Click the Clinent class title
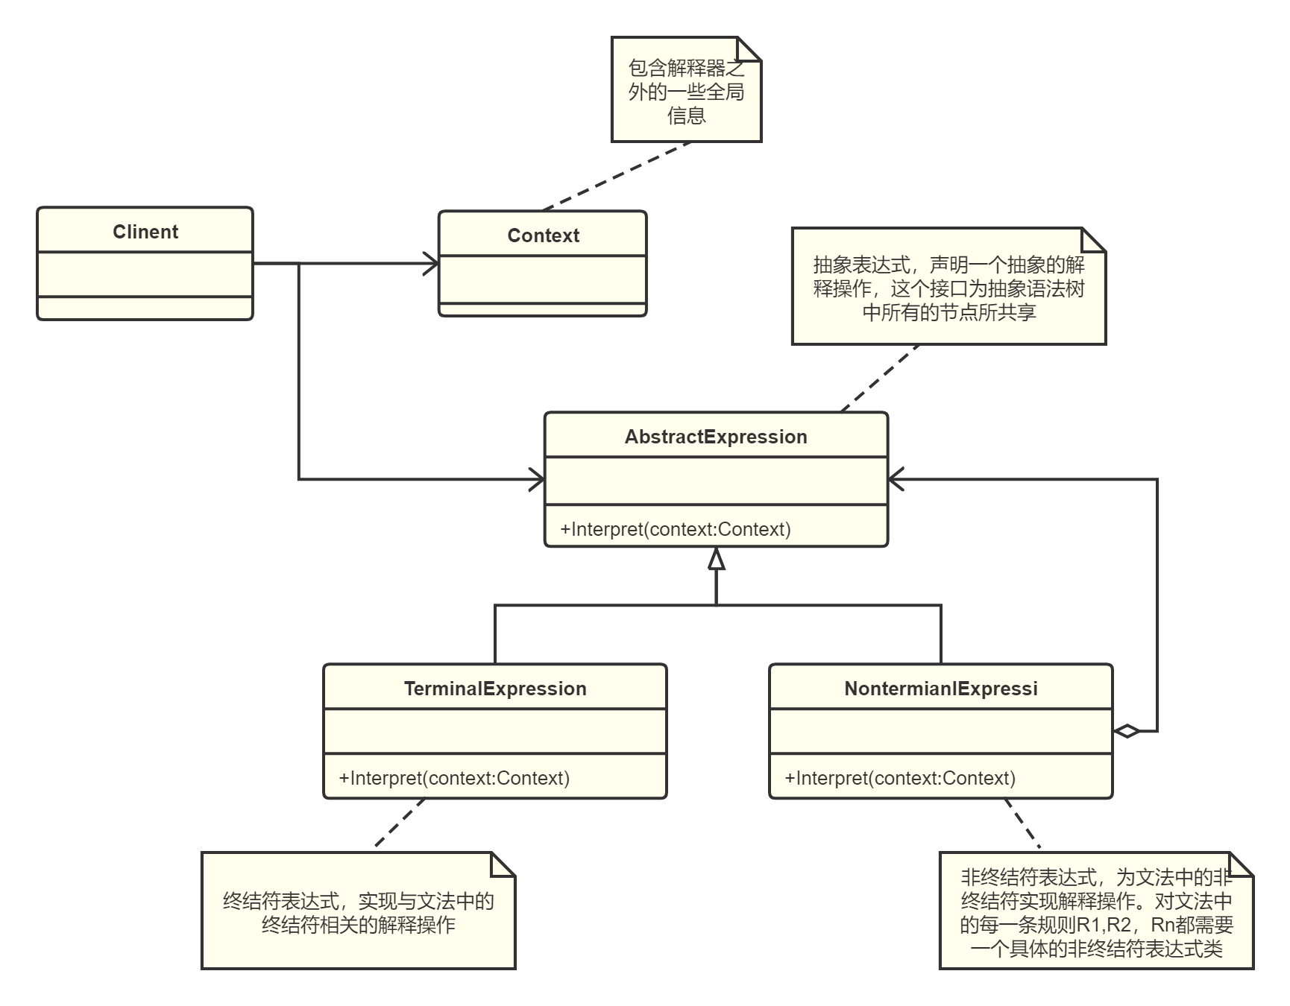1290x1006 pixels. pyautogui.click(x=145, y=232)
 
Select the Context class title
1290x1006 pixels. pyautogui.click(x=543, y=235)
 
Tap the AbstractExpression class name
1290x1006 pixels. pyautogui.click(x=716, y=437)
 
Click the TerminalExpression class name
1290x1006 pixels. pyautogui.click(x=495, y=689)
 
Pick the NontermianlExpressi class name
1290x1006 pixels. pyautogui.click(x=941, y=689)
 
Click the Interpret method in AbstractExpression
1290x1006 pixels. pyautogui.click(x=676, y=529)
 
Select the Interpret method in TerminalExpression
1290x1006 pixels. pyautogui.click(x=454, y=778)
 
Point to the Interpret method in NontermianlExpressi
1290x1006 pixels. pyautogui.click(x=900, y=778)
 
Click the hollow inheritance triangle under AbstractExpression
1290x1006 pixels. pyautogui.click(x=717, y=559)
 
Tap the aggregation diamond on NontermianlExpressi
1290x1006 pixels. pyautogui.click(x=1126, y=731)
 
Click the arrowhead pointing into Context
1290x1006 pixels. pyautogui.click(x=432, y=263)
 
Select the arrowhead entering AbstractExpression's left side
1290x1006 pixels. pyautogui.click(x=537, y=480)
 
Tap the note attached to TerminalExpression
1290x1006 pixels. pyautogui.click(x=358, y=913)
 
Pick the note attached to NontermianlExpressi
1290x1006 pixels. pyautogui.click(x=1096, y=913)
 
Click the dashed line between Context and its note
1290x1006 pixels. pyautogui.click(x=617, y=177)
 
